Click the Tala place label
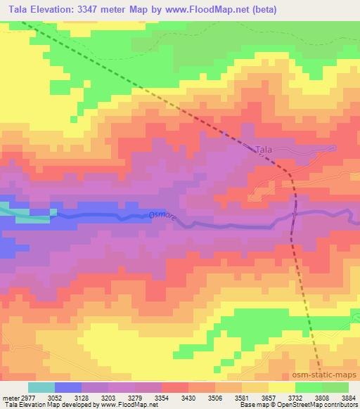pos(263,150)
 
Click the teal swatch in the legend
pos(41,387)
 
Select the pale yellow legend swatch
pos(283,387)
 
